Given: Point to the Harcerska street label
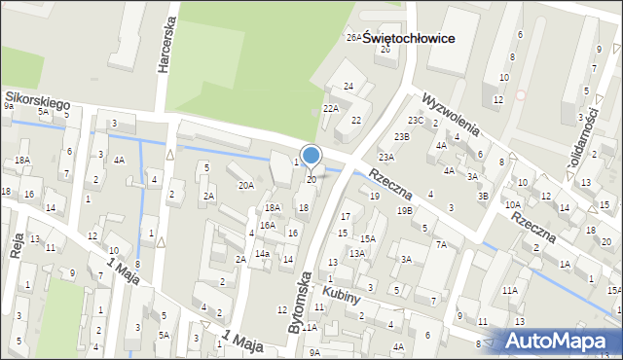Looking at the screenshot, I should (164, 49).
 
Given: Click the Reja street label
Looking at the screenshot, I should (16, 243).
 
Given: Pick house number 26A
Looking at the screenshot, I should (353, 37).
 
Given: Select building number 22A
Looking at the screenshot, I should (331, 109).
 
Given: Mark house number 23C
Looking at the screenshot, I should (416, 120).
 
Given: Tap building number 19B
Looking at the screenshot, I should (404, 211).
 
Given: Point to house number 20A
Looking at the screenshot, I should (246, 185).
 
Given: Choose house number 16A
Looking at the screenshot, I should (267, 225).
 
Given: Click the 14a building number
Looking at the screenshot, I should (262, 254).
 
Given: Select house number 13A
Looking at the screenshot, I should (357, 253).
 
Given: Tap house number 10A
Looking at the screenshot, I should (512, 204).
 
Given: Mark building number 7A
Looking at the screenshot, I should (441, 244).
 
